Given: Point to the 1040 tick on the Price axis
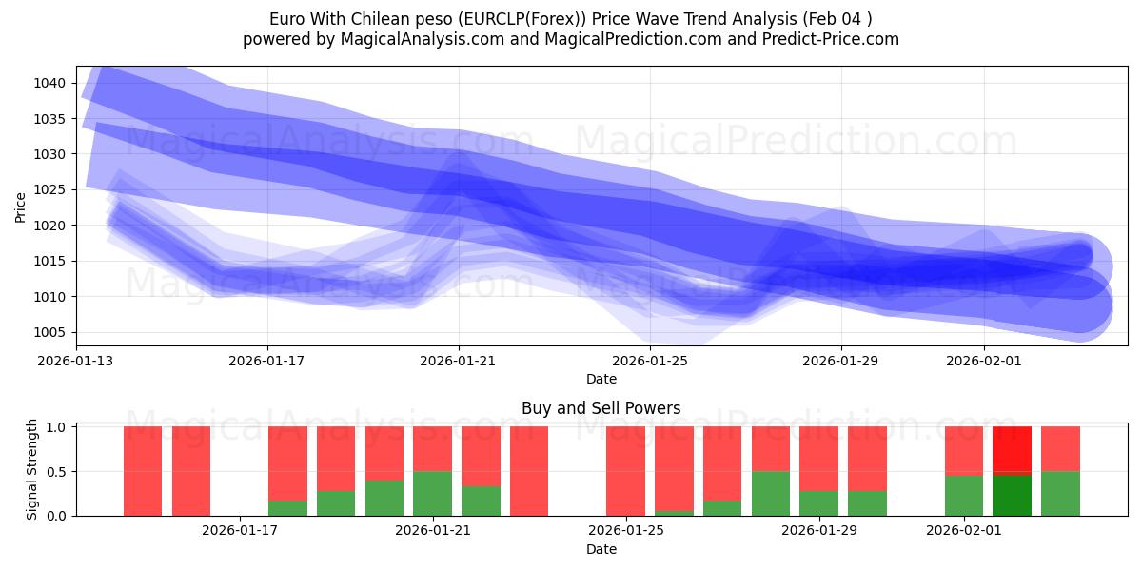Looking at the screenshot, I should (x=51, y=84).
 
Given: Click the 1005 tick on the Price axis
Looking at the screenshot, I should (x=51, y=332).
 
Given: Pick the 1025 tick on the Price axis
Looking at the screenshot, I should (x=51, y=190).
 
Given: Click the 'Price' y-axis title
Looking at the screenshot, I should (x=21, y=207).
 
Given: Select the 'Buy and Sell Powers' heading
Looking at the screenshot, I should (x=601, y=408).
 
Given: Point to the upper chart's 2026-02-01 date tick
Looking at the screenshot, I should (x=984, y=361).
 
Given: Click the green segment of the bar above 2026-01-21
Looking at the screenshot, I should (x=432, y=493).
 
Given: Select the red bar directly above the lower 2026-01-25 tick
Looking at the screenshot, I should (x=625, y=470).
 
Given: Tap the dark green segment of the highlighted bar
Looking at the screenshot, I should (x=1012, y=495).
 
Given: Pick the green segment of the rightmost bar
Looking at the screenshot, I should (x=1060, y=493).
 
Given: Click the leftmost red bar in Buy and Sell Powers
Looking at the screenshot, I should (x=143, y=470).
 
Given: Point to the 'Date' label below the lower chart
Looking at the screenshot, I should (x=601, y=549).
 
